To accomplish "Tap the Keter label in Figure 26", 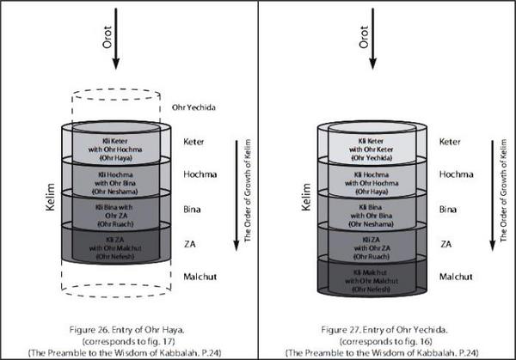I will coord(197,141).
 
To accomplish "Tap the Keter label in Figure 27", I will coord(453,141).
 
